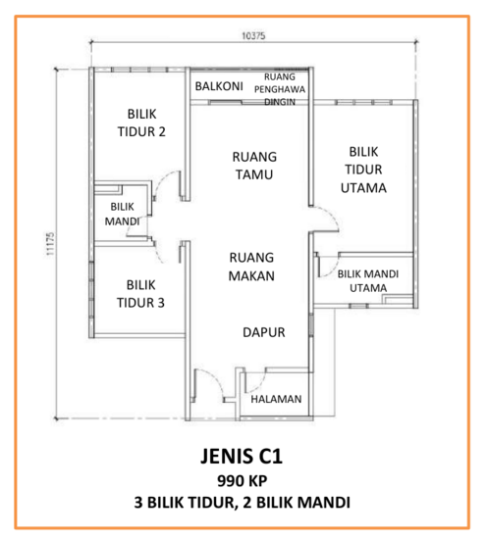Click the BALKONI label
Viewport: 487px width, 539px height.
pyautogui.click(x=219, y=86)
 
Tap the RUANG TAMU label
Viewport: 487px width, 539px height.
pyautogui.click(x=254, y=166)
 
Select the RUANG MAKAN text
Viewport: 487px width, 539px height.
pyautogui.click(x=251, y=267)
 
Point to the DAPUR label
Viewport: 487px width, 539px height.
pyautogui.click(x=264, y=332)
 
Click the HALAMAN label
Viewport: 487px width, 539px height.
pyautogui.click(x=276, y=399)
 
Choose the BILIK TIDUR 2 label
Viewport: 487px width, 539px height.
pyautogui.click(x=141, y=122)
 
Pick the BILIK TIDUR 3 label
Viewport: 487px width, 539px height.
pyautogui.click(x=140, y=294)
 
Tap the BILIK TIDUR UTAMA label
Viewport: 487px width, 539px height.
pyautogui.click(x=363, y=170)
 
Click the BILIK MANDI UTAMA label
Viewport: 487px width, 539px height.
pyautogui.click(x=368, y=281)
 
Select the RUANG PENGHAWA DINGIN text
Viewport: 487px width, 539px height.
pyautogui.click(x=280, y=89)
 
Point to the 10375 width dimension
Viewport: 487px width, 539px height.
pyautogui.click(x=253, y=35)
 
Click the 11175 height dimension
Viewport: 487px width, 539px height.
pyautogui.click(x=50, y=244)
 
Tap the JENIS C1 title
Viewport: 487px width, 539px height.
pyautogui.click(x=242, y=456)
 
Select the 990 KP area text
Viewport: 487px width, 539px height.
pyautogui.click(x=243, y=481)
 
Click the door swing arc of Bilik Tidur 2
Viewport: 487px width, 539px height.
pyautogui.click(x=161, y=178)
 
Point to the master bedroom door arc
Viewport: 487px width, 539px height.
pyautogui.click(x=332, y=214)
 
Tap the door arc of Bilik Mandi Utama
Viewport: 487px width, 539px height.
pyautogui.click(x=334, y=269)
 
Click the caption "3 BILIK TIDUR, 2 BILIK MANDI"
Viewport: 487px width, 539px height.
pyautogui.click(x=243, y=502)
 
